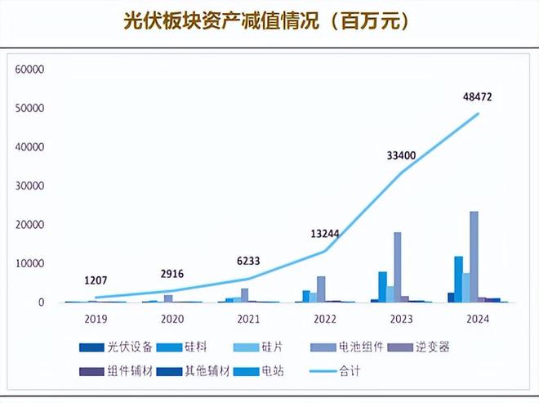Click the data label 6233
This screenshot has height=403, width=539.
tap(248, 261)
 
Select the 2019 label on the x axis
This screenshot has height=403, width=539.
tap(97, 318)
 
